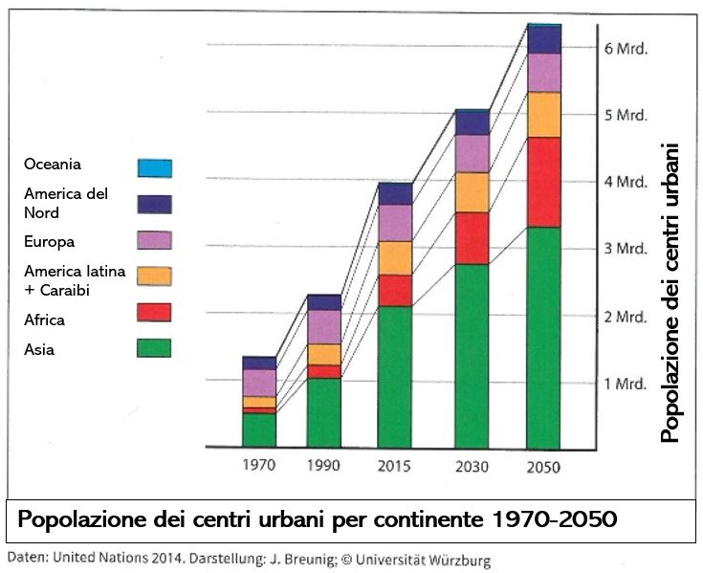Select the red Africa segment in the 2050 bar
[x=543, y=182]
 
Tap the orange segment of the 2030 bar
[x=472, y=192]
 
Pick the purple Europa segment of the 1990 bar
[x=324, y=327]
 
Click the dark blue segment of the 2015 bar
[x=394, y=193]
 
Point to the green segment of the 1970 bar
[x=259, y=430]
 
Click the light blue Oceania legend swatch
[x=154, y=167]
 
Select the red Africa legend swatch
[x=154, y=313]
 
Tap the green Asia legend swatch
[x=154, y=347]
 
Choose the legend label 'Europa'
[x=51, y=241]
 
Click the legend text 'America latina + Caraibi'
[x=75, y=280]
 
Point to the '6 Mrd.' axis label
[x=627, y=48]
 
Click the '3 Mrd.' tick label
[x=627, y=249]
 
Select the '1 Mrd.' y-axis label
[x=627, y=383]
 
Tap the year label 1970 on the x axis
[x=259, y=467]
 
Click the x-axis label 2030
[x=472, y=467]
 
